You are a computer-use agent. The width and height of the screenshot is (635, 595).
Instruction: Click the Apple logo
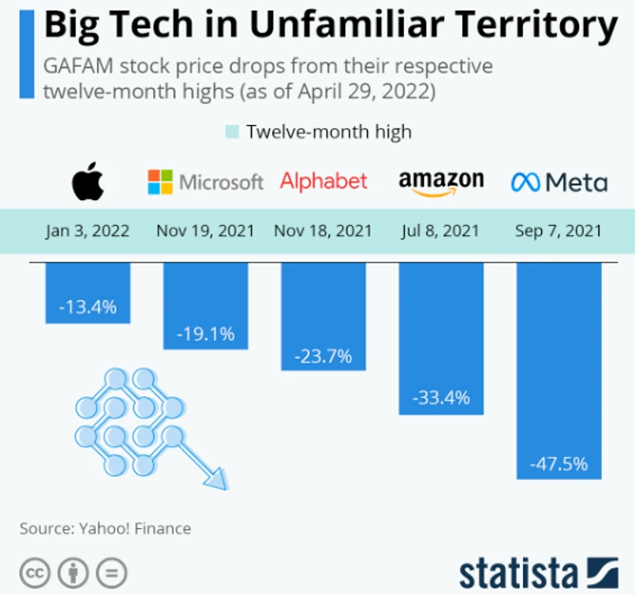point(88,183)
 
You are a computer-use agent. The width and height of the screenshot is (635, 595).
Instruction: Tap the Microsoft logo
point(205,182)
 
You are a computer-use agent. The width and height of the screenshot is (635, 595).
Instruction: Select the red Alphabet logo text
point(323,181)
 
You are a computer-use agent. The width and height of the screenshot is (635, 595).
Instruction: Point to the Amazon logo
point(441,182)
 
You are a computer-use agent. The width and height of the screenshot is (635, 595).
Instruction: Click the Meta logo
point(559,183)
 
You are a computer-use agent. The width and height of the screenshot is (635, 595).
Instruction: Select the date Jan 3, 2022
point(88,231)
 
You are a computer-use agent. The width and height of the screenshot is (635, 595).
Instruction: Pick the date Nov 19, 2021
point(205,231)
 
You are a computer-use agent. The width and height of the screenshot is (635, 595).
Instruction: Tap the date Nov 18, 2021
point(323,231)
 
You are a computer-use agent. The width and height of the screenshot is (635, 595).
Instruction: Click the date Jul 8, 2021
point(440,231)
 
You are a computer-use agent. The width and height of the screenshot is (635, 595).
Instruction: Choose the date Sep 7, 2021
point(558,231)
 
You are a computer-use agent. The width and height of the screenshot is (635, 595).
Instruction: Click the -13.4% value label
point(88,307)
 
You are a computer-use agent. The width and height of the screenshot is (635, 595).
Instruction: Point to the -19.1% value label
point(205,333)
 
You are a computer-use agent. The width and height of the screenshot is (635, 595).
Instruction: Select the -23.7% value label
point(323,355)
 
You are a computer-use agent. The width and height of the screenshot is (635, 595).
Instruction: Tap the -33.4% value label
point(441,398)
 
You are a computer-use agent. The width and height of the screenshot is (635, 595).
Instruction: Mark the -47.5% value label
point(558,463)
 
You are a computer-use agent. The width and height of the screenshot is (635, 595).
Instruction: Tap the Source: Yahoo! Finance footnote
point(106,528)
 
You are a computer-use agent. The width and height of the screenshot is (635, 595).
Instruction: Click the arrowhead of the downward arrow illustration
point(215,478)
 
